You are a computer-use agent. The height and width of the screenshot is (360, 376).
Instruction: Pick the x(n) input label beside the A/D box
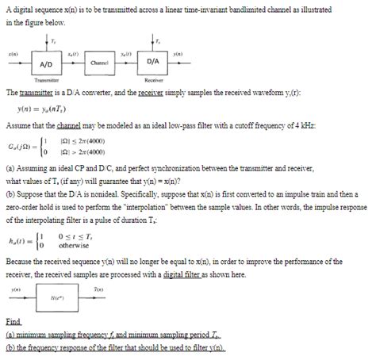[13, 54]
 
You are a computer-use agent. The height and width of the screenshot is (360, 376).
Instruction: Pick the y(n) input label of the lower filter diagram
[14, 290]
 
